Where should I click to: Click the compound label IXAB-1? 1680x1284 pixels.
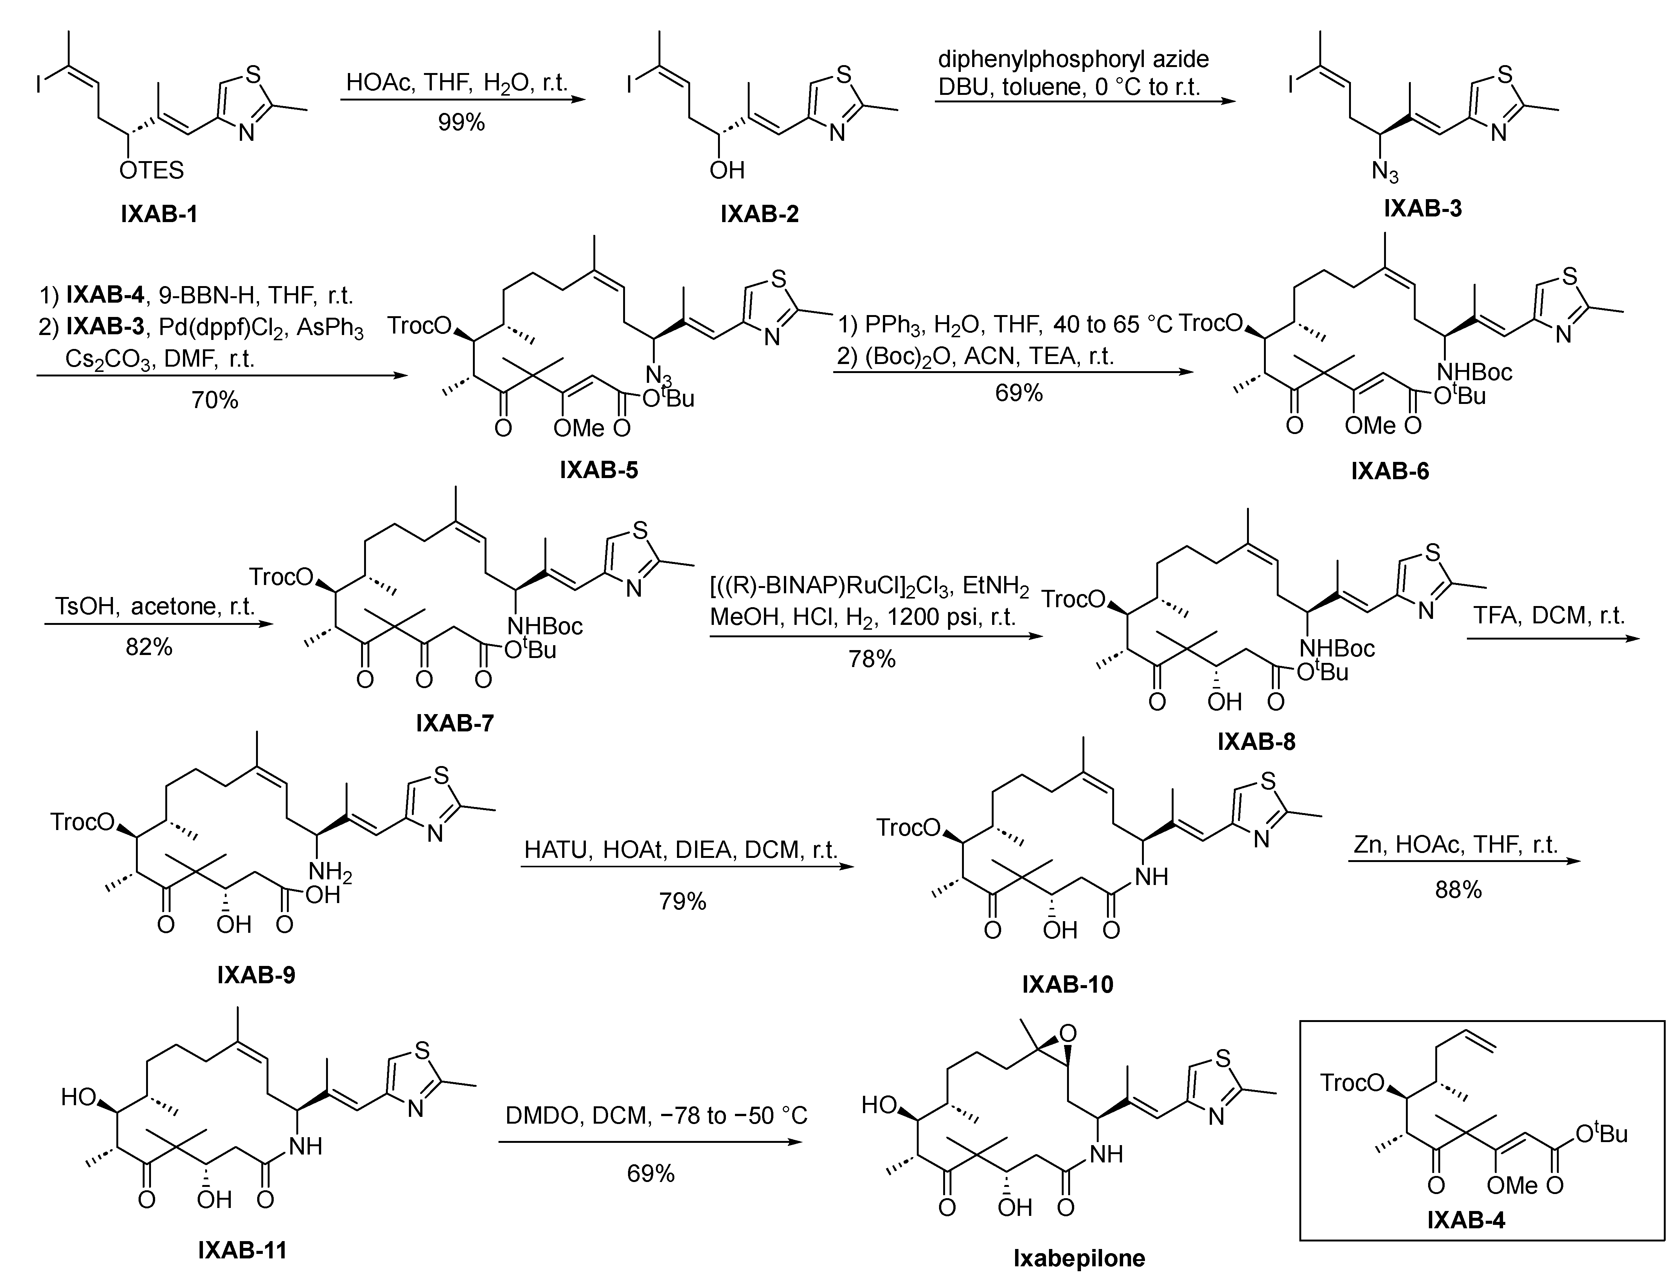pos(159,214)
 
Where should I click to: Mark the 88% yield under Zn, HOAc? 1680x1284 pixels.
pos(1458,889)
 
